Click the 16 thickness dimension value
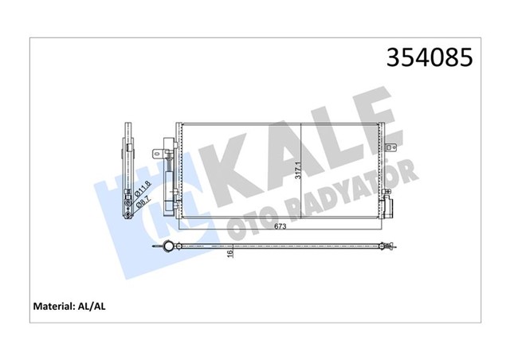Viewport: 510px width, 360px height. (x=229, y=254)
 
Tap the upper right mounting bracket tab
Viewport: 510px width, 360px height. (x=391, y=146)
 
